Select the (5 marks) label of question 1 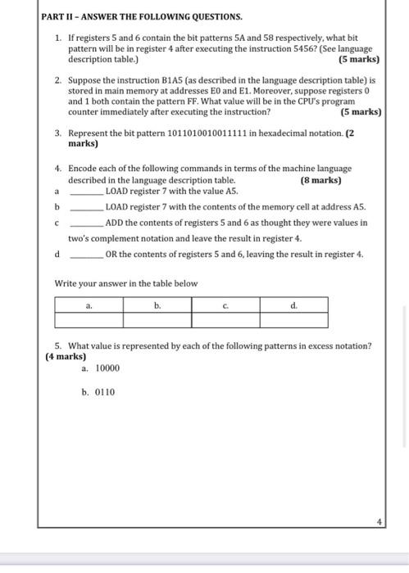pyautogui.click(x=358, y=60)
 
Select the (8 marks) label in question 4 pyautogui.click(x=320, y=180)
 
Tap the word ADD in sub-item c pyautogui.click(x=114, y=222)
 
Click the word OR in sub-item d pyautogui.click(x=111, y=254)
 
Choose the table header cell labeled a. pyautogui.click(x=89, y=305)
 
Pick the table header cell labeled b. pyautogui.click(x=157, y=305)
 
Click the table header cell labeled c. pyautogui.click(x=225, y=305)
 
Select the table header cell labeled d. pyautogui.click(x=293, y=305)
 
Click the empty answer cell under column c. pyautogui.click(x=225, y=319)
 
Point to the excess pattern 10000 pyautogui.click(x=107, y=369)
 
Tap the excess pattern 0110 pyautogui.click(x=105, y=392)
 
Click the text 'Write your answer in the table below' pyautogui.click(x=125, y=284)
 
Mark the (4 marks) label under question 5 pyautogui.click(x=66, y=357)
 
